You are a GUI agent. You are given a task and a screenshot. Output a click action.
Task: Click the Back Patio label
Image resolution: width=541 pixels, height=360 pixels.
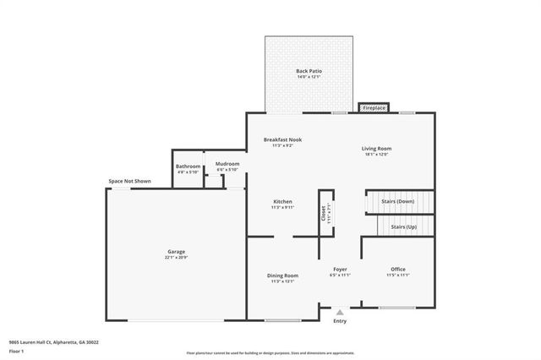click(308, 70)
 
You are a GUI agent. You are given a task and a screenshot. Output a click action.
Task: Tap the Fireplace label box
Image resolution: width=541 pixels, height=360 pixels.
click(374, 108)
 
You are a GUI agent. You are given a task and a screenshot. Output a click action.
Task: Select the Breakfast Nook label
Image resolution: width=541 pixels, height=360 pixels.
click(282, 139)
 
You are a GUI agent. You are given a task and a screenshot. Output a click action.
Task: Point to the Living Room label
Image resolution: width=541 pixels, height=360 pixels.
click(377, 148)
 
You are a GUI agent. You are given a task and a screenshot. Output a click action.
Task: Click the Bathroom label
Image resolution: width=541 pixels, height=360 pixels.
click(188, 166)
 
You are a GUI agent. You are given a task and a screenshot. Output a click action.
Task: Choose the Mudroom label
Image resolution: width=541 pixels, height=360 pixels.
click(227, 163)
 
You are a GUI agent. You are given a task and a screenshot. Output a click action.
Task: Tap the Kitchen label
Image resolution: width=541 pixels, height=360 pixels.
click(282, 201)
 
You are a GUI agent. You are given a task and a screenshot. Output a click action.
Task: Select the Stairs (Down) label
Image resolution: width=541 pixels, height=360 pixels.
click(398, 201)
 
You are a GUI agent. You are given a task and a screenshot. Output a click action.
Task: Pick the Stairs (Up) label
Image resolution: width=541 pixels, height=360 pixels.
click(403, 226)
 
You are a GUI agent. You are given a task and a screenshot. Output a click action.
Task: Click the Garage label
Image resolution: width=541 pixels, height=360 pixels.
click(176, 251)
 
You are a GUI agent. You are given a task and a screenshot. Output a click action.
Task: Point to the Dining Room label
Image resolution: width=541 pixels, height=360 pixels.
click(282, 275)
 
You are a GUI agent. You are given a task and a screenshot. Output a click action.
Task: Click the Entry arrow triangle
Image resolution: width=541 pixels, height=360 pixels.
click(340, 312)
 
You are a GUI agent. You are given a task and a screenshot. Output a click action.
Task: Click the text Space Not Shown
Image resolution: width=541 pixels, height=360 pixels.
click(129, 181)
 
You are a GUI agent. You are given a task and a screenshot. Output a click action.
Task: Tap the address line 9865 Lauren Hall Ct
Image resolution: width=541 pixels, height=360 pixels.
click(54, 342)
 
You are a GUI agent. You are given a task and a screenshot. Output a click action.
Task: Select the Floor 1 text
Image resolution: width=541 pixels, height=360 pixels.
click(18, 351)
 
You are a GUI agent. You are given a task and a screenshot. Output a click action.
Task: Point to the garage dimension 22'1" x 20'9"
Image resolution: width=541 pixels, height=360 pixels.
click(176, 257)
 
